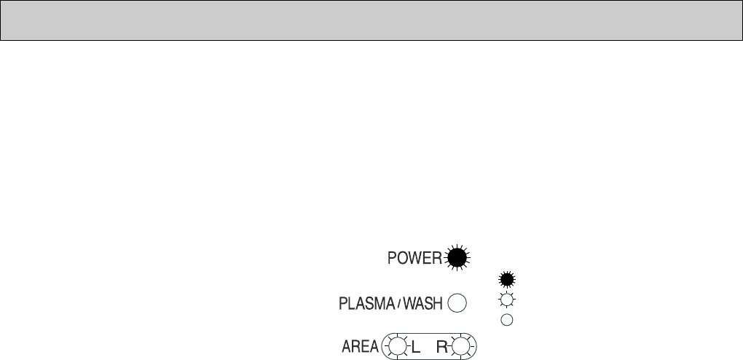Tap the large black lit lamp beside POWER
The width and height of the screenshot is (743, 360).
coord(457,257)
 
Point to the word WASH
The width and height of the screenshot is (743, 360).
coord(422,304)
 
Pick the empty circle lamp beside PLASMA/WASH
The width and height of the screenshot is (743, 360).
coord(457,303)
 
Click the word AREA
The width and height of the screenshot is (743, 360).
coord(360,348)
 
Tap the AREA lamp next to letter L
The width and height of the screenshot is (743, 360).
coord(398,347)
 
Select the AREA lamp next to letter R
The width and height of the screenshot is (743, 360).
coord(460,347)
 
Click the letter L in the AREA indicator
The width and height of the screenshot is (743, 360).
coord(416,348)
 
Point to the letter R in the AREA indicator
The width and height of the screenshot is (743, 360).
coord(442,348)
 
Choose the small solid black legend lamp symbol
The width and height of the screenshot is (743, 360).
coord(506,278)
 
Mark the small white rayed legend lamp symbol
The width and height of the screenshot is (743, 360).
coord(506,300)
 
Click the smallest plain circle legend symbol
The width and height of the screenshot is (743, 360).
coord(506,319)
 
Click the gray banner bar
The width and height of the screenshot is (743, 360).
coord(371,20)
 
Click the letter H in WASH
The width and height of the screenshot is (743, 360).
coord(438,304)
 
